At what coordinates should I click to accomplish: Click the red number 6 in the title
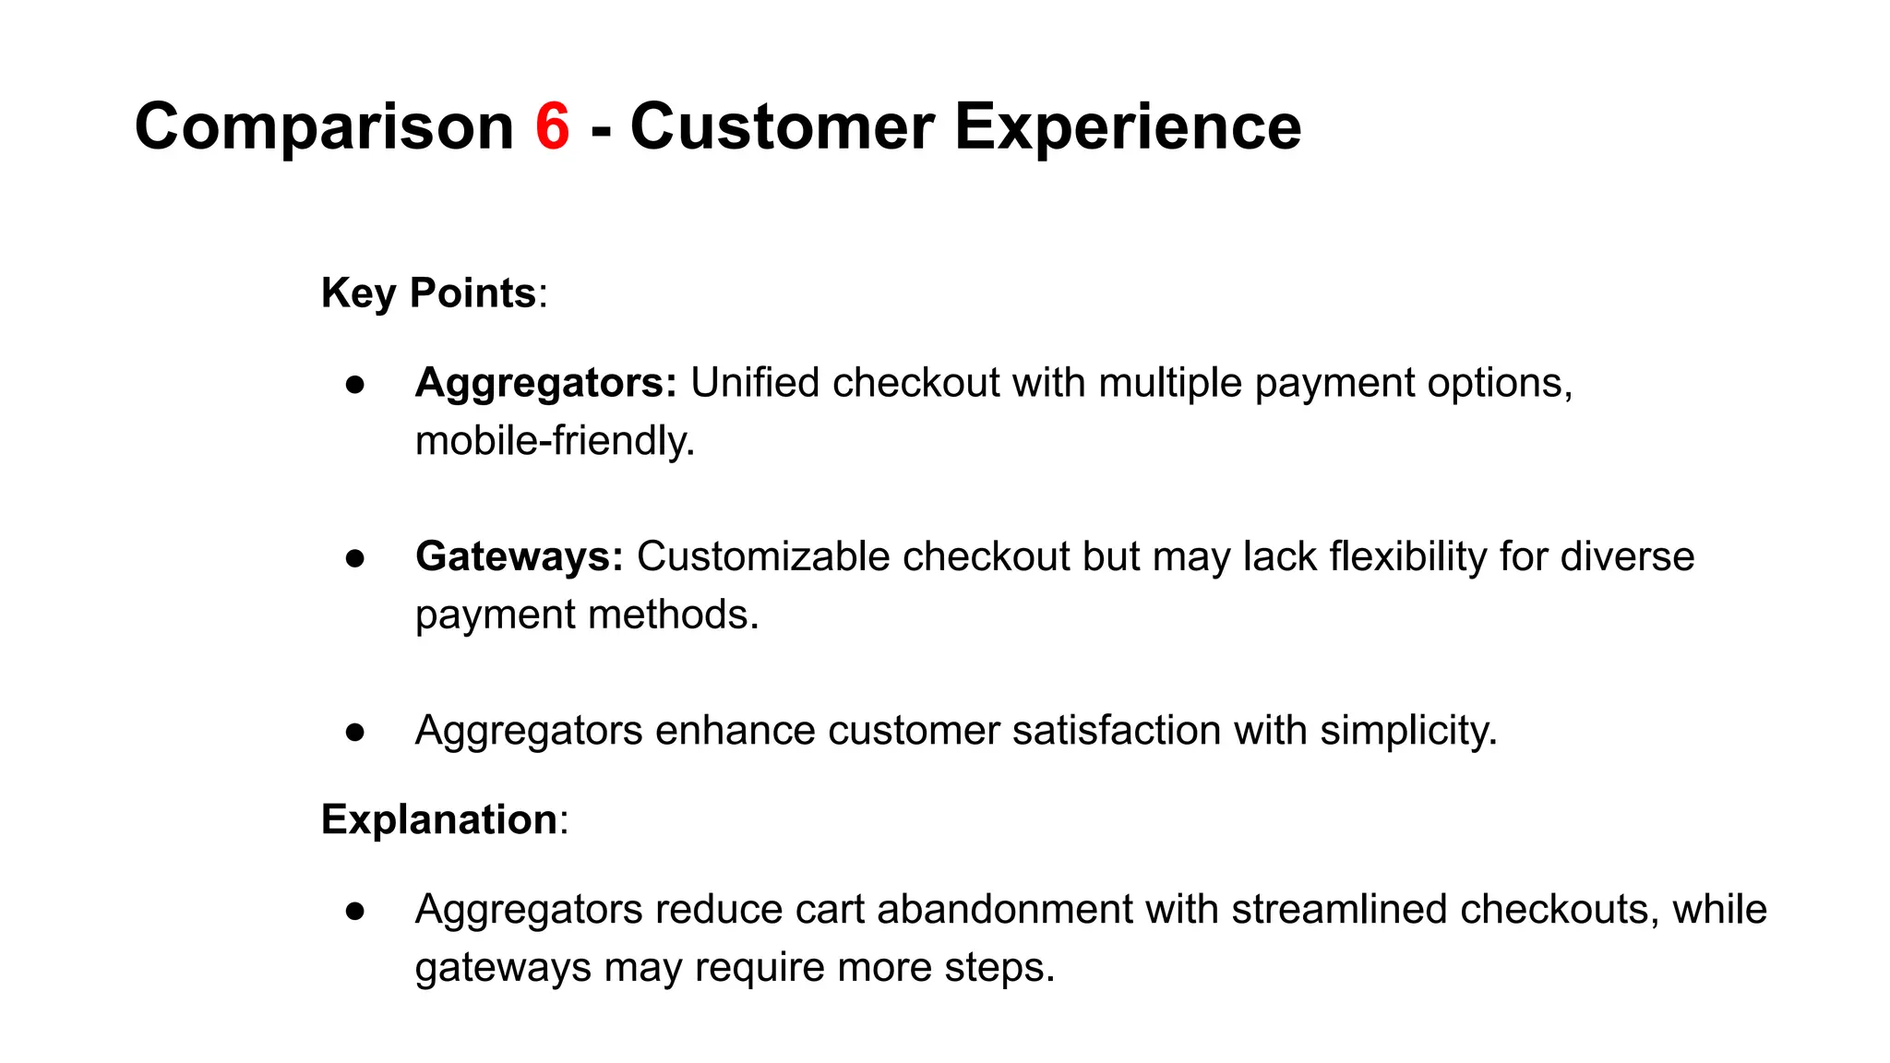pyautogui.click(x=552, y=126)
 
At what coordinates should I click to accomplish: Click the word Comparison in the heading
pyautogui.click(x=324, y=126)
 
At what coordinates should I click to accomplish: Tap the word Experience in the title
pyautogui.click(x=1127, y=126)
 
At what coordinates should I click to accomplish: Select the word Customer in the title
pyautogui.click(x=782, y=126)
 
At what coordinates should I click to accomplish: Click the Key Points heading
pyautogui.click(x=428, y=293)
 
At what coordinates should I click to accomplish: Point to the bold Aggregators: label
pyautogui.click(x=545, y=383)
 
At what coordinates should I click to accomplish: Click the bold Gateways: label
pyautogui.click(x=519, y=557)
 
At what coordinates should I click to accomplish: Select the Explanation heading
pyautogui.click(x=439, y=819)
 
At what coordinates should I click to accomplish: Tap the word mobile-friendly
pyautogui.click(x=554, y=441)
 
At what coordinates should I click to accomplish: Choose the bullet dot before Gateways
pyautogui.click(x=355, y=558)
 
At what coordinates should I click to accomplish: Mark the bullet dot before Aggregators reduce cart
pyautogui.click(x=355, y=911)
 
